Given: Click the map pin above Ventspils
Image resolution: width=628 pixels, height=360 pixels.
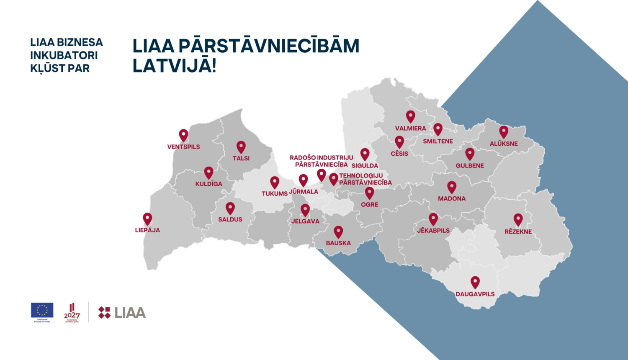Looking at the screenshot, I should [x=183, y=135].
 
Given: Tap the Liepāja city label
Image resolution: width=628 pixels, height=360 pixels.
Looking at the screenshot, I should [x=147, y=230].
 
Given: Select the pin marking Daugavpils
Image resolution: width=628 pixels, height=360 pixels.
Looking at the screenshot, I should [x=475, y=282].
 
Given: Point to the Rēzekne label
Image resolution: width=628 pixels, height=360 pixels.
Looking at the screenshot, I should [x=518, y=231].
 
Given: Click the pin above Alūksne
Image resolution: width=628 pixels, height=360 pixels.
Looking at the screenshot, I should [x=504, y=131].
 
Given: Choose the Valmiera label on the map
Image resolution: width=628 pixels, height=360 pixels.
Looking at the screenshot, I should [x=410, y=129].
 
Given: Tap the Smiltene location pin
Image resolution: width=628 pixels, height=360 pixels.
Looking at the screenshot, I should [x=438, y=129].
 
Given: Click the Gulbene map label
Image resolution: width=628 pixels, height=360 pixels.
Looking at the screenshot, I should [x=470, y=166].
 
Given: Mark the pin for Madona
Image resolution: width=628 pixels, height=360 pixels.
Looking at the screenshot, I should [x=452, y=187].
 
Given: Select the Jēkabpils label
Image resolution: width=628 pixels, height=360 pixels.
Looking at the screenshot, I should [x=433, y=231].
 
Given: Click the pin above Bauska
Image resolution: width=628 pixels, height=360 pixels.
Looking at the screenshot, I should [x=338, y=231].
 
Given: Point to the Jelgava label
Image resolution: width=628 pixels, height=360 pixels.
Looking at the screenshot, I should [x=305, y=221].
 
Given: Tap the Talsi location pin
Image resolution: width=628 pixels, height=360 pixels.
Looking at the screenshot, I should [x=241, y=147].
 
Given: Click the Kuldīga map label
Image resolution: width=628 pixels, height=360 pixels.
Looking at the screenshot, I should [x=208, y=184].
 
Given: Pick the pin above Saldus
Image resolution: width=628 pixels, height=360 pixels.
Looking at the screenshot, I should [x=230, y=208].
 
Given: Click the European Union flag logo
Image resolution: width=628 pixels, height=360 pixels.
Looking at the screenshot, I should [x=42, y=310].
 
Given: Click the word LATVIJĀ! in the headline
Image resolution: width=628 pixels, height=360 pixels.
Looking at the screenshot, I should [x=174, y=66].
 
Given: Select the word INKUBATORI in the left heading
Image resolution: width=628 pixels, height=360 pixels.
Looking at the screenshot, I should [x=64, y=55].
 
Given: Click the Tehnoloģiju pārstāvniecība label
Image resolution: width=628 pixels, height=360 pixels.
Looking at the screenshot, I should [x=365, y=179].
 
